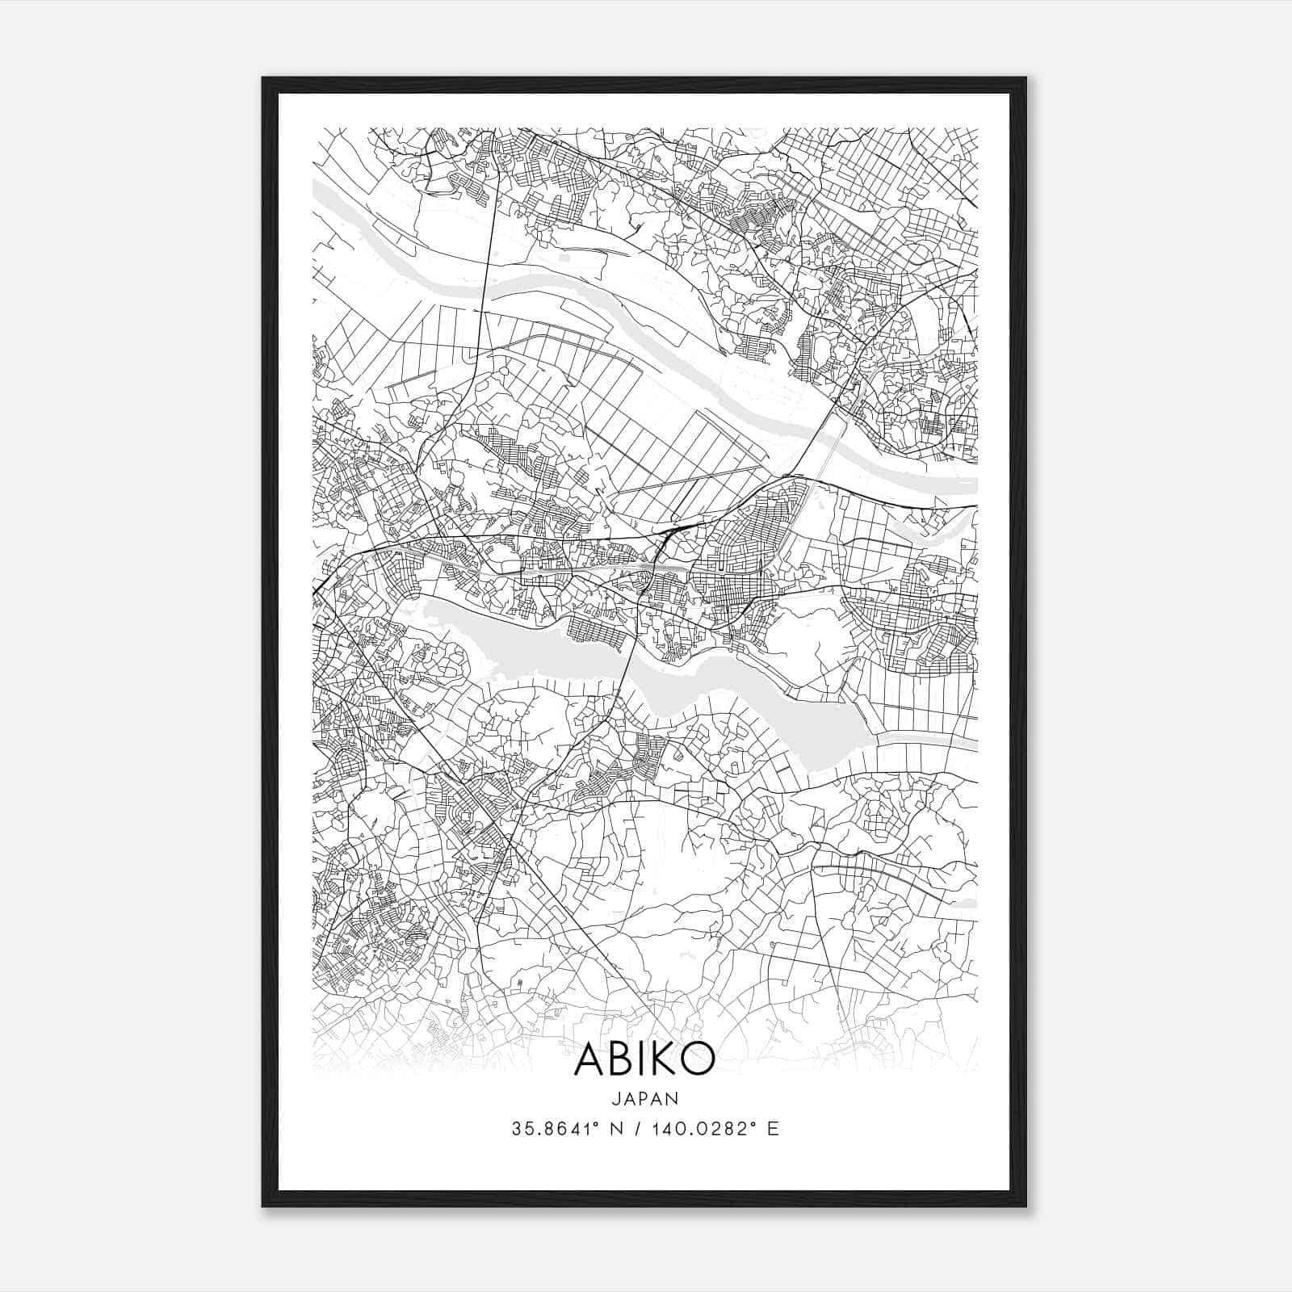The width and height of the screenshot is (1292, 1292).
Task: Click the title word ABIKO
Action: pos(644,1059)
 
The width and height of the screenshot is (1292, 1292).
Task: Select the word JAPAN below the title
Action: pos(644,1098)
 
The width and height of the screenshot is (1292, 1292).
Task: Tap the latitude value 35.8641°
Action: pos(551,1129)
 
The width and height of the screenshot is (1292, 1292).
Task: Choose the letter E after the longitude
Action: pos(773,1129)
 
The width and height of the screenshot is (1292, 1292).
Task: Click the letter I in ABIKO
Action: pos(641,1059)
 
